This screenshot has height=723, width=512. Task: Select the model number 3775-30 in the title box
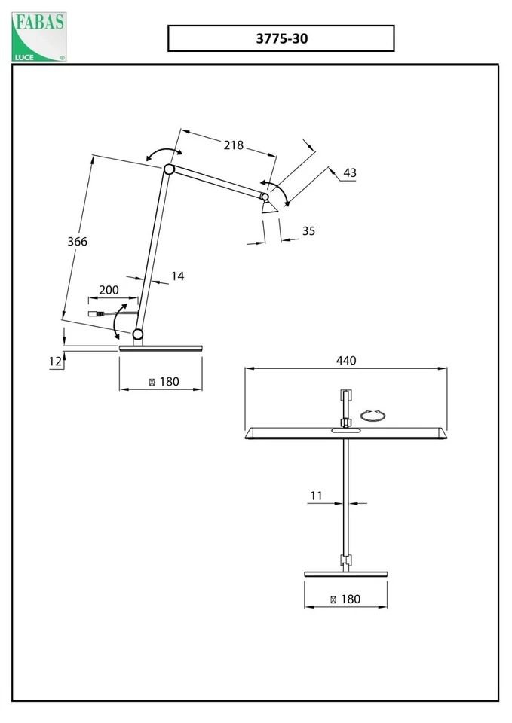(281, 38)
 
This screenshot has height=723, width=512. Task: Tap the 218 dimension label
(234, 145)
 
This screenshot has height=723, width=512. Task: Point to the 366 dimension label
(78, 242)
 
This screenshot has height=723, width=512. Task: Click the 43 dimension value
(349, 173)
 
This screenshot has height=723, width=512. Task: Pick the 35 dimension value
(308, 231)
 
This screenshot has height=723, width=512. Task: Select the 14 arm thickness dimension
(177, 276)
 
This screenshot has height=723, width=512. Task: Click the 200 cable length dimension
(109, 290)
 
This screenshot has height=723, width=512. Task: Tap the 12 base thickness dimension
(55, 361)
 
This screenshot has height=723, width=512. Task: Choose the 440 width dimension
(345, 361)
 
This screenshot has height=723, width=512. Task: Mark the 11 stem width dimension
(316, 496)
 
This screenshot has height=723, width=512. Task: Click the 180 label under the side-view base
(164, 382)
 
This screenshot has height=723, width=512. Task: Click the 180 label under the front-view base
(345, 599)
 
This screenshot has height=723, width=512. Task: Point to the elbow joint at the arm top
(170, 169)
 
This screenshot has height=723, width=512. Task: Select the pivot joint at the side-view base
(138, 334)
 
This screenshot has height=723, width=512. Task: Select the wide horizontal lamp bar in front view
(345, 434)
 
